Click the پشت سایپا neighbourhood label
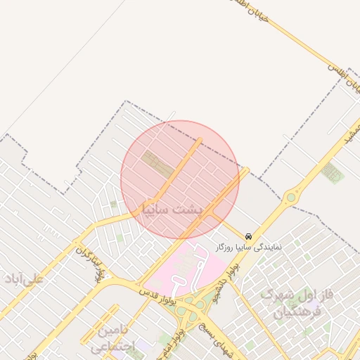click(172, 208)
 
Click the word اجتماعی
click(112, 346)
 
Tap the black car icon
click(248, 237)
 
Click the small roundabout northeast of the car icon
click(291, 198)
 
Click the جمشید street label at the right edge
click(347, 137)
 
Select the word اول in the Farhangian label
click(314, 294)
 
